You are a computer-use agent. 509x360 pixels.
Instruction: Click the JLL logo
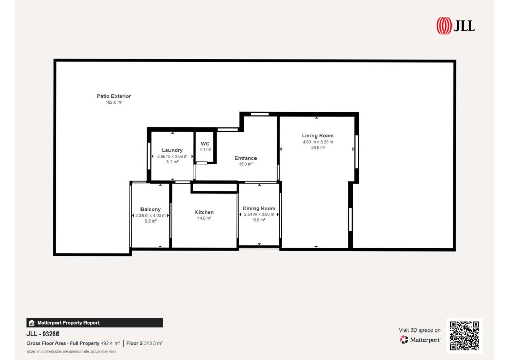click(x=456, y=25)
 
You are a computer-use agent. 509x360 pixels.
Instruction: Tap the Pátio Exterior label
click(x=114, y=96)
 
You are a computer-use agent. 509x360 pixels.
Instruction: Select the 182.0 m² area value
click(x=114, y=102)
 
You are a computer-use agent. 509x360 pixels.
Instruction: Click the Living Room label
click(x=318, y=135)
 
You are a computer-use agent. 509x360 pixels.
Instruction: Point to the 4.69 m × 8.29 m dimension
click(x=318, y=142)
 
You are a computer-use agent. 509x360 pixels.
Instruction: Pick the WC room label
click(x=205, y=144)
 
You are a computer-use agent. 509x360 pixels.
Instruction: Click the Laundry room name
click(x=172, y=150)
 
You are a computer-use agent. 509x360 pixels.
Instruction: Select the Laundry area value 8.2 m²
click(x=173, y=162)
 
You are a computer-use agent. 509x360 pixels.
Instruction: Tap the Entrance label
click(x=245, y=158)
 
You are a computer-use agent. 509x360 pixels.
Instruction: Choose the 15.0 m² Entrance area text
click(x=246, y=164)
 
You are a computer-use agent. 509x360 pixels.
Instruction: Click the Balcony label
click(x=151, y=209)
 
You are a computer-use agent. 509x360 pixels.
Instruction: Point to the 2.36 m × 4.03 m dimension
click(x=151, y=215)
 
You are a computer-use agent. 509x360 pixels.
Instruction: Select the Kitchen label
click(x=204, y=212)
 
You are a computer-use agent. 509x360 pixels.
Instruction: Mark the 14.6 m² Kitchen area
click(x=204, y=218)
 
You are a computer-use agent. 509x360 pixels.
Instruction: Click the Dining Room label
click(x=259, y=208)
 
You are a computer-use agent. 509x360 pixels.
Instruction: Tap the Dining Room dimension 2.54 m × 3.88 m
click(x=259, y=214)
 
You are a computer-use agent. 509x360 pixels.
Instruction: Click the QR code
click(x=465, y=336)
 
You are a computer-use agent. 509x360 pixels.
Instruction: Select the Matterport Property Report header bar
click(x=95, y=323)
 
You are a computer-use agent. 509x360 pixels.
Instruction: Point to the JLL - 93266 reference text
click(x=43, y=334)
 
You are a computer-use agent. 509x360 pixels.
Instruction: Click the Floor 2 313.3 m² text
click(x=145, y=343)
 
